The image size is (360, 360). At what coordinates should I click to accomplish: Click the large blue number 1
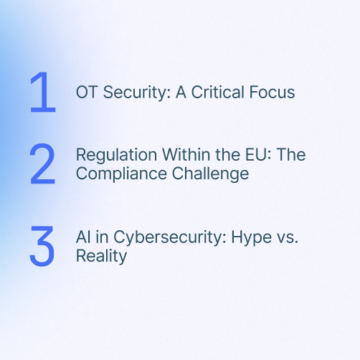[x=42, y=92]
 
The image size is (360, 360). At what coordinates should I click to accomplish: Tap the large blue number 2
[x=43, y=164]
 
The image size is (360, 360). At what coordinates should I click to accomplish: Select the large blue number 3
[x=42, y=247]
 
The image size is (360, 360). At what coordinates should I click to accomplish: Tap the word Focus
[x=273, y=93]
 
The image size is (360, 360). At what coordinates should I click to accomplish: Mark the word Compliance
[x=111, y=174]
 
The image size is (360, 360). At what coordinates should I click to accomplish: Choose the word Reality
[x=101, y=256]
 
